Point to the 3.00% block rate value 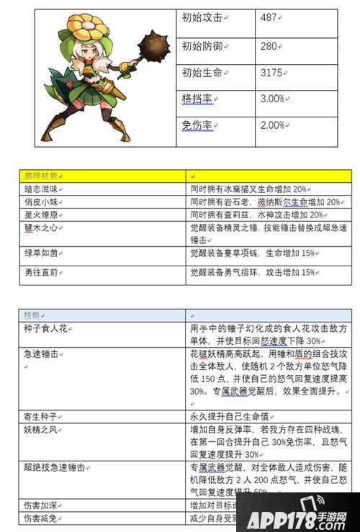point(273,99)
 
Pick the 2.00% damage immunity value point(273,125)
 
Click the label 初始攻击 point(202,18)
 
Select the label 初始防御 point(202,46)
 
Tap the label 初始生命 point(202,73)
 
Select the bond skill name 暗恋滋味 point(42,189)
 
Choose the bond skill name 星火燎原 point(42,215)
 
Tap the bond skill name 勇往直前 point(42,273)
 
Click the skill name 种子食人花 point(47,328)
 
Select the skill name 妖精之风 point(42,429)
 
